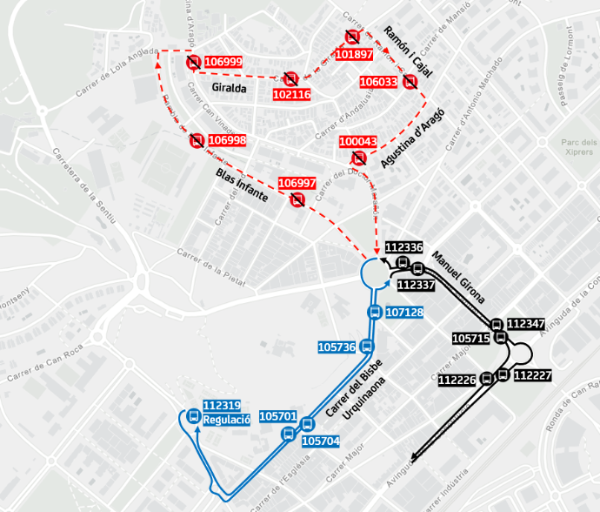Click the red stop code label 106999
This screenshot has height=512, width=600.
pos(223,63)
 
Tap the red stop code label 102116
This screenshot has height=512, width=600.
pos(292,94)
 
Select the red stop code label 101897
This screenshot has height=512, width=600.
pos(354,54)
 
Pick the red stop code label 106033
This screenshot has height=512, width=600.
pos(378,82)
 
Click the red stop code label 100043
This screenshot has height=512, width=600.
pos(358,142)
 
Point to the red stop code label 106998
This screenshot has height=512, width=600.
pos(228,140)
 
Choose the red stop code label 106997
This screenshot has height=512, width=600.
pos(297,183)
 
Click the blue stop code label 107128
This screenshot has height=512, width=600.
pos(404,313)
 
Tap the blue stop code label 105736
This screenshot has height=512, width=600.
pos(337,347)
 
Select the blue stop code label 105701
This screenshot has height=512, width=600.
pos(278,416)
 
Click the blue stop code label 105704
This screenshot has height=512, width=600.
pos(320,441)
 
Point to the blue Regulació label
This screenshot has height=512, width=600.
pos(226,420)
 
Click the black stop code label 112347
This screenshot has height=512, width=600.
pos(525,324)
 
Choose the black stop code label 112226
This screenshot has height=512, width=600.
pos(457,381)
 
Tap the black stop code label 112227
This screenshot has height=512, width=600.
pos(532,376)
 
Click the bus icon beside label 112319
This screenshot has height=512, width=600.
pos(193,414)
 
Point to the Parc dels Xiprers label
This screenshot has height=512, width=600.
pos(578,147)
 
